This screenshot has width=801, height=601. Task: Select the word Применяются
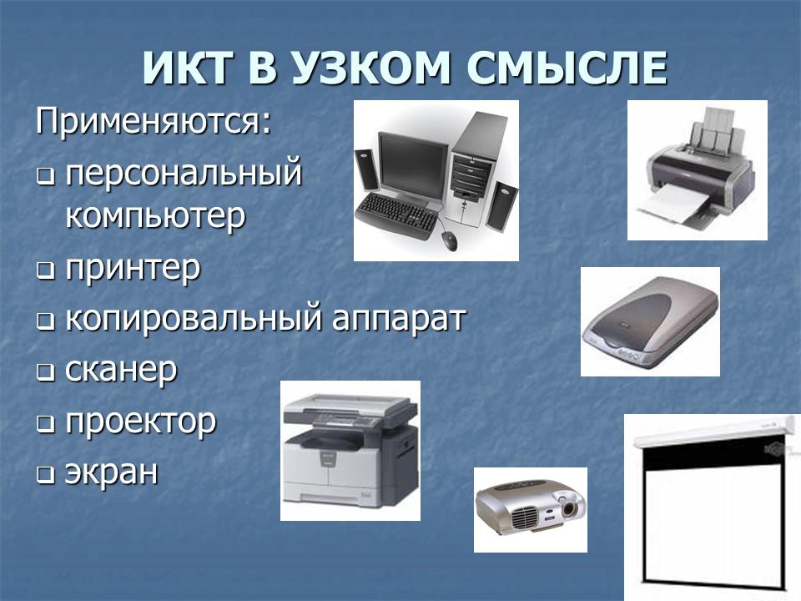click(x=154, y=122)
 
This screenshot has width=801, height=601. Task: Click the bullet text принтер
click(x=133, y=269)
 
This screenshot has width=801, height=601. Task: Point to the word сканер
click(x=121, y=371)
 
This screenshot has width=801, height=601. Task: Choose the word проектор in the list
click(x=140, y=422)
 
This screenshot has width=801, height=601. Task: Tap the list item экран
click(x=111, y=472)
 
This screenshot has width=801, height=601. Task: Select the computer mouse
click(x=449, y=241)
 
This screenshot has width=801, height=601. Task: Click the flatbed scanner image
click(x=649, y=322)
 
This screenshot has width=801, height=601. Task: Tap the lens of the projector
click(x=568, y=507)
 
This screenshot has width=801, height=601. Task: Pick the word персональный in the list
click(x=183, y=174)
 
